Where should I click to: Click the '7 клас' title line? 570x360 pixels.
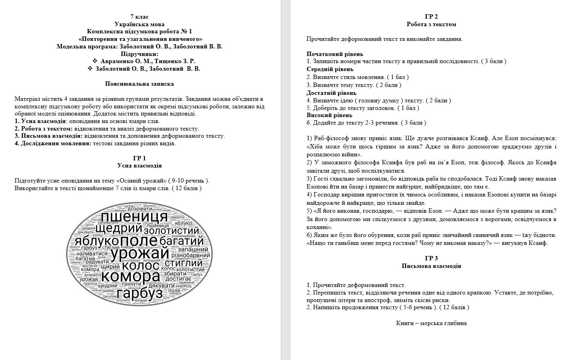140,17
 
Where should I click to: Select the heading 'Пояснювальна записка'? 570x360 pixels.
140,84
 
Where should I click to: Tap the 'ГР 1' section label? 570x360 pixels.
140,158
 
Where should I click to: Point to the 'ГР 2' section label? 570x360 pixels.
431,17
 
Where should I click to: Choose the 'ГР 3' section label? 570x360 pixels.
431,258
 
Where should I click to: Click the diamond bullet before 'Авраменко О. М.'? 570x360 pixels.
95,61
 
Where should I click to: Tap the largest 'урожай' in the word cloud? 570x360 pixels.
134,253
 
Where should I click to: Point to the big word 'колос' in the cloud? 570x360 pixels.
141,265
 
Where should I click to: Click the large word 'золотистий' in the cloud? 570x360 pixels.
171,231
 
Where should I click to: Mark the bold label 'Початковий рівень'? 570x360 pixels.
335,54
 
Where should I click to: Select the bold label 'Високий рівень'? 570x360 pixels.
329,115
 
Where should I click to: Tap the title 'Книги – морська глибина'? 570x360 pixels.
431,323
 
